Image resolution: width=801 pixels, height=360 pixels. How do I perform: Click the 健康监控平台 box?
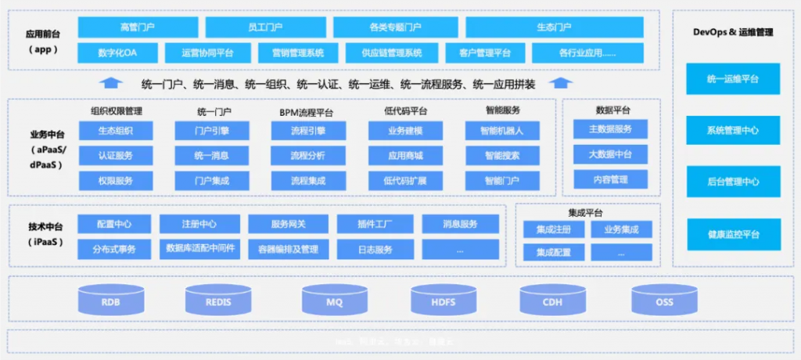733,234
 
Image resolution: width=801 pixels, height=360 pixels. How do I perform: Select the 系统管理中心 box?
733,131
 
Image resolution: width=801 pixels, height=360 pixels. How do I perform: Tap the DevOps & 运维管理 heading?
733,31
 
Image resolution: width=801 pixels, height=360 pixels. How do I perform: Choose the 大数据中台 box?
610,154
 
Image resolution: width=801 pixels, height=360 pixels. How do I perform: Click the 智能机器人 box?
501,131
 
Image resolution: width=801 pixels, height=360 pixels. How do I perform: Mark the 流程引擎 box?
307,131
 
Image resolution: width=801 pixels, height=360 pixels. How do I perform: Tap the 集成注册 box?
554,229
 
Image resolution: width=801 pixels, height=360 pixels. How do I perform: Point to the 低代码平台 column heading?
405,111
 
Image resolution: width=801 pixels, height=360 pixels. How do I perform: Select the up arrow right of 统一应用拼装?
558,83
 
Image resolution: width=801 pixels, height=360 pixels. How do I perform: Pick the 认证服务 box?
116,155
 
